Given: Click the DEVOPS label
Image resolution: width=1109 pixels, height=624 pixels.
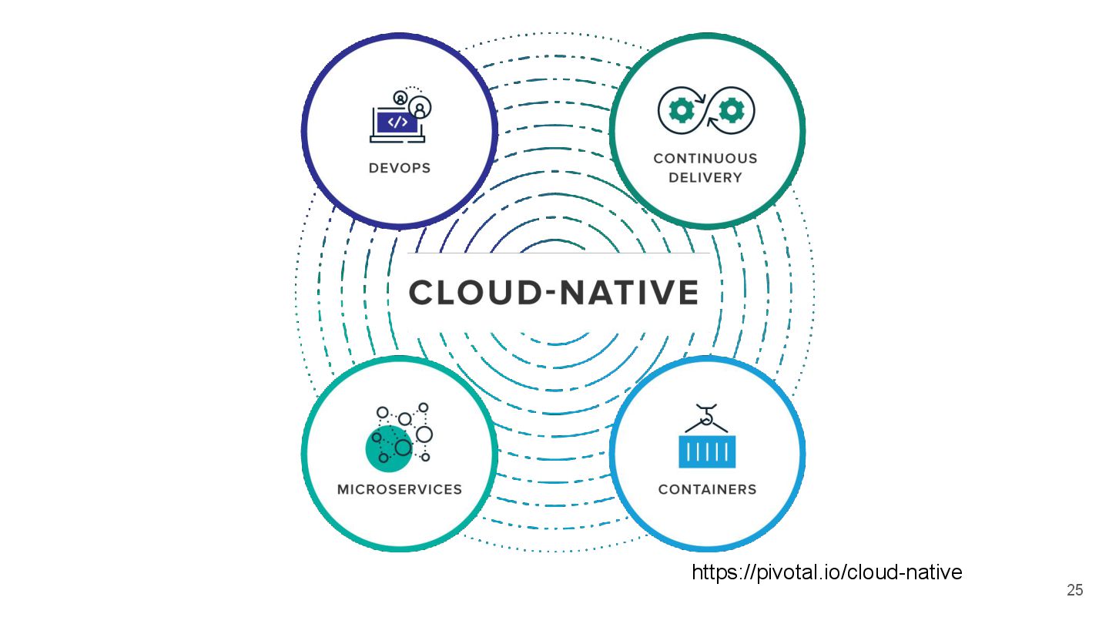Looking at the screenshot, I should coord(399,168).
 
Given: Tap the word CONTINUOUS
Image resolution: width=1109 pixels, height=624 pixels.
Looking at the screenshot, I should coord(705,159).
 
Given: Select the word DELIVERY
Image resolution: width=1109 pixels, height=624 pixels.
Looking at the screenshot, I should coord(705,178).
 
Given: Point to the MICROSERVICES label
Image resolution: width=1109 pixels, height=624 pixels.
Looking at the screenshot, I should coord(400,489).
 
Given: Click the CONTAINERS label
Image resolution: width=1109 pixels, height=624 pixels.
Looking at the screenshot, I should coord(707,489).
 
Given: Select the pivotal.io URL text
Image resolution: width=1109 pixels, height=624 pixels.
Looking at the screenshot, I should coord(826,572).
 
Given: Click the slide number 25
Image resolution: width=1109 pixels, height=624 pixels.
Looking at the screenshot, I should coord(1074,591).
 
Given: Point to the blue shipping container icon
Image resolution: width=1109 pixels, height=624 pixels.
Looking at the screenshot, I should coord(707,451).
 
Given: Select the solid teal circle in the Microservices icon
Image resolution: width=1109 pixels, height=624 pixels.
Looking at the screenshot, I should coord(385,449).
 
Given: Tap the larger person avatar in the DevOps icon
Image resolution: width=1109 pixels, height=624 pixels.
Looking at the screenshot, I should coord(420,107).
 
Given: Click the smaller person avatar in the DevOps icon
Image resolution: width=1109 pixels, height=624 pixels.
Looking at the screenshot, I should coord(400,98).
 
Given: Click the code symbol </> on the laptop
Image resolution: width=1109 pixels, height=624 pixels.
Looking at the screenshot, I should coord(397,122).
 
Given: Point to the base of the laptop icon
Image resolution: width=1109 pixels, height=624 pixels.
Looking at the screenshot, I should coord(397,139).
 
